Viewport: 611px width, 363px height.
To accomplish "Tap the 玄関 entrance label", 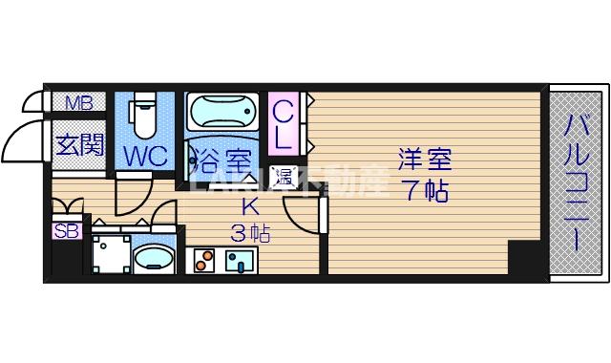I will (79, 146).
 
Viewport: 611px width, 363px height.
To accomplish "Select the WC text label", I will (145, 154).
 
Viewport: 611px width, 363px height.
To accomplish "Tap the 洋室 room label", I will (424, 158).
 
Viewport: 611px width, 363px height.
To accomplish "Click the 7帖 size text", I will (424, 189).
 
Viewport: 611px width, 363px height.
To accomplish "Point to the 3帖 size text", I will (249, 232).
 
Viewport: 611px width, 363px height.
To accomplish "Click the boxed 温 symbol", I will (284, 176).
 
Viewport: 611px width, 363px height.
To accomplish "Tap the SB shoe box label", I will (67, 229).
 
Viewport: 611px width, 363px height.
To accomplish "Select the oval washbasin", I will (153, 258).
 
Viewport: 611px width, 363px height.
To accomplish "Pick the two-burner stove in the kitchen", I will (204, 259).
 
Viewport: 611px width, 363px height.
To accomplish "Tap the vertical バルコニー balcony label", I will (576, 181).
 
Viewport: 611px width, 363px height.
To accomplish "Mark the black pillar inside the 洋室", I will (523, 258).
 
